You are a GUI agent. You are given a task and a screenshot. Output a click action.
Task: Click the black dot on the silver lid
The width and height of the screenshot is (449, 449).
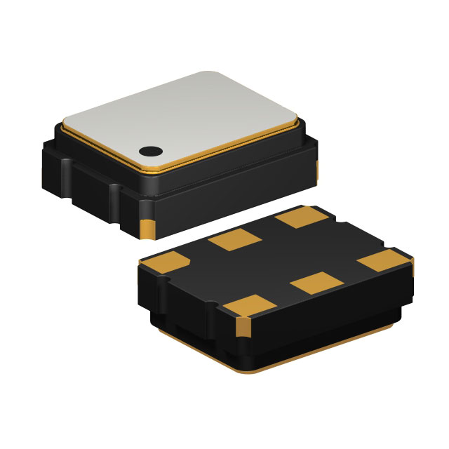tap(149, 150)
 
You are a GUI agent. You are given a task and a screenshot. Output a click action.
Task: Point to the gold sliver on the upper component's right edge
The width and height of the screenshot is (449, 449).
tap(316, 169)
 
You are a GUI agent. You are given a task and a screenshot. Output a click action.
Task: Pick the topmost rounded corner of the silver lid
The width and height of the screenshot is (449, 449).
tap(211, 74)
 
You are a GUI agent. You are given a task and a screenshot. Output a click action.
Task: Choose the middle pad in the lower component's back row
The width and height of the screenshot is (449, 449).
tap(236, 240)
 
